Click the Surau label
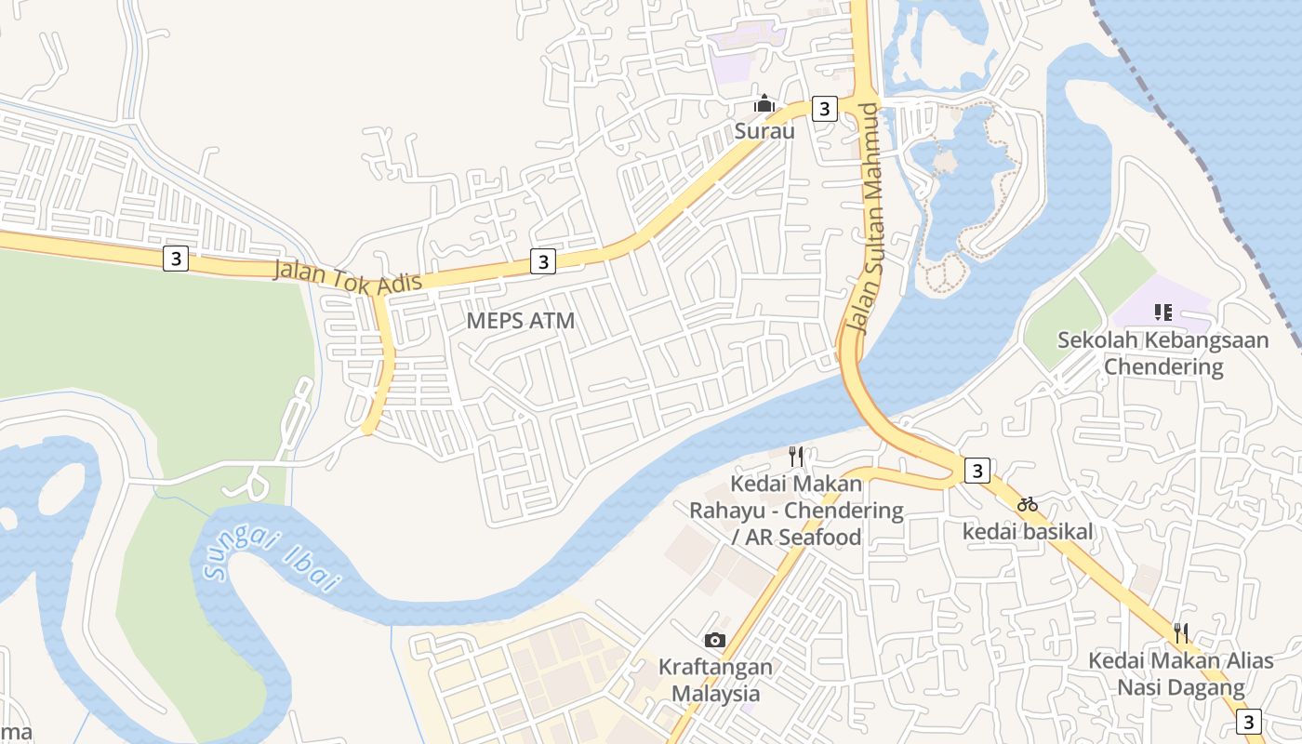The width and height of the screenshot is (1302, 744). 764,131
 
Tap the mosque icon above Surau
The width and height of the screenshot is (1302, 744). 764,103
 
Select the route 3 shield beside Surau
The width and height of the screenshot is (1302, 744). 824,109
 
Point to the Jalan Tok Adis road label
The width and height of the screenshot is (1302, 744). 348,276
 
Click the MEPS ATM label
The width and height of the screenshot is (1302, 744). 520,321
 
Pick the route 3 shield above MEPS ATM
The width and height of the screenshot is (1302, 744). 543,261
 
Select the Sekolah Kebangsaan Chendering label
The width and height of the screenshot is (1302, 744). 1162,352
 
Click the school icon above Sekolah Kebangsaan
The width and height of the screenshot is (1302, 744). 1162,312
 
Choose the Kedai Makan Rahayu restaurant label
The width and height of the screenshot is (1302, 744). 796,510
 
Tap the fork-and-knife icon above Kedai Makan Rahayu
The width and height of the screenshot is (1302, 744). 796,456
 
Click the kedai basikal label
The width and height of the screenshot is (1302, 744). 1027,532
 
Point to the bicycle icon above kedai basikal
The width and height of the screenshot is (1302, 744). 1027,504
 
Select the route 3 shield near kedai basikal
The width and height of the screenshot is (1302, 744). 976,472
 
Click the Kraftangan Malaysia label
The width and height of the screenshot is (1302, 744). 715,680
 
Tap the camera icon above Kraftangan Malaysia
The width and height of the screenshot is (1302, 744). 715,640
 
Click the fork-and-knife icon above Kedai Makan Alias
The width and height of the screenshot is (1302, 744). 1180,633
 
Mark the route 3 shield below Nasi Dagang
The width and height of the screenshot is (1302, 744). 1249,722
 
